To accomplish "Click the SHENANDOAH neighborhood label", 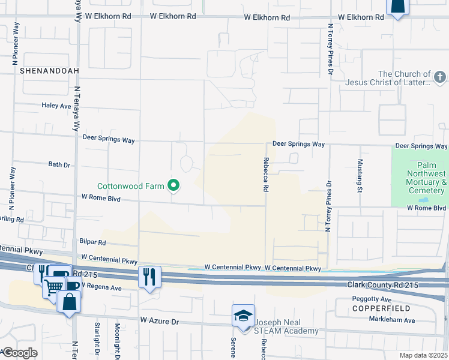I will [41, 71].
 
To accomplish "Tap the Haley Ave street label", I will [56, 106].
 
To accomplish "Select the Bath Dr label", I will [59, 164].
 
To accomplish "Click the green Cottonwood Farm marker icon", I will [174, 186].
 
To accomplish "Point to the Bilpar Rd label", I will [92, 242].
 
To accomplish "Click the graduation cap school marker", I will [242, 316].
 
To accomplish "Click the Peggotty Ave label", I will [372, 299].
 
